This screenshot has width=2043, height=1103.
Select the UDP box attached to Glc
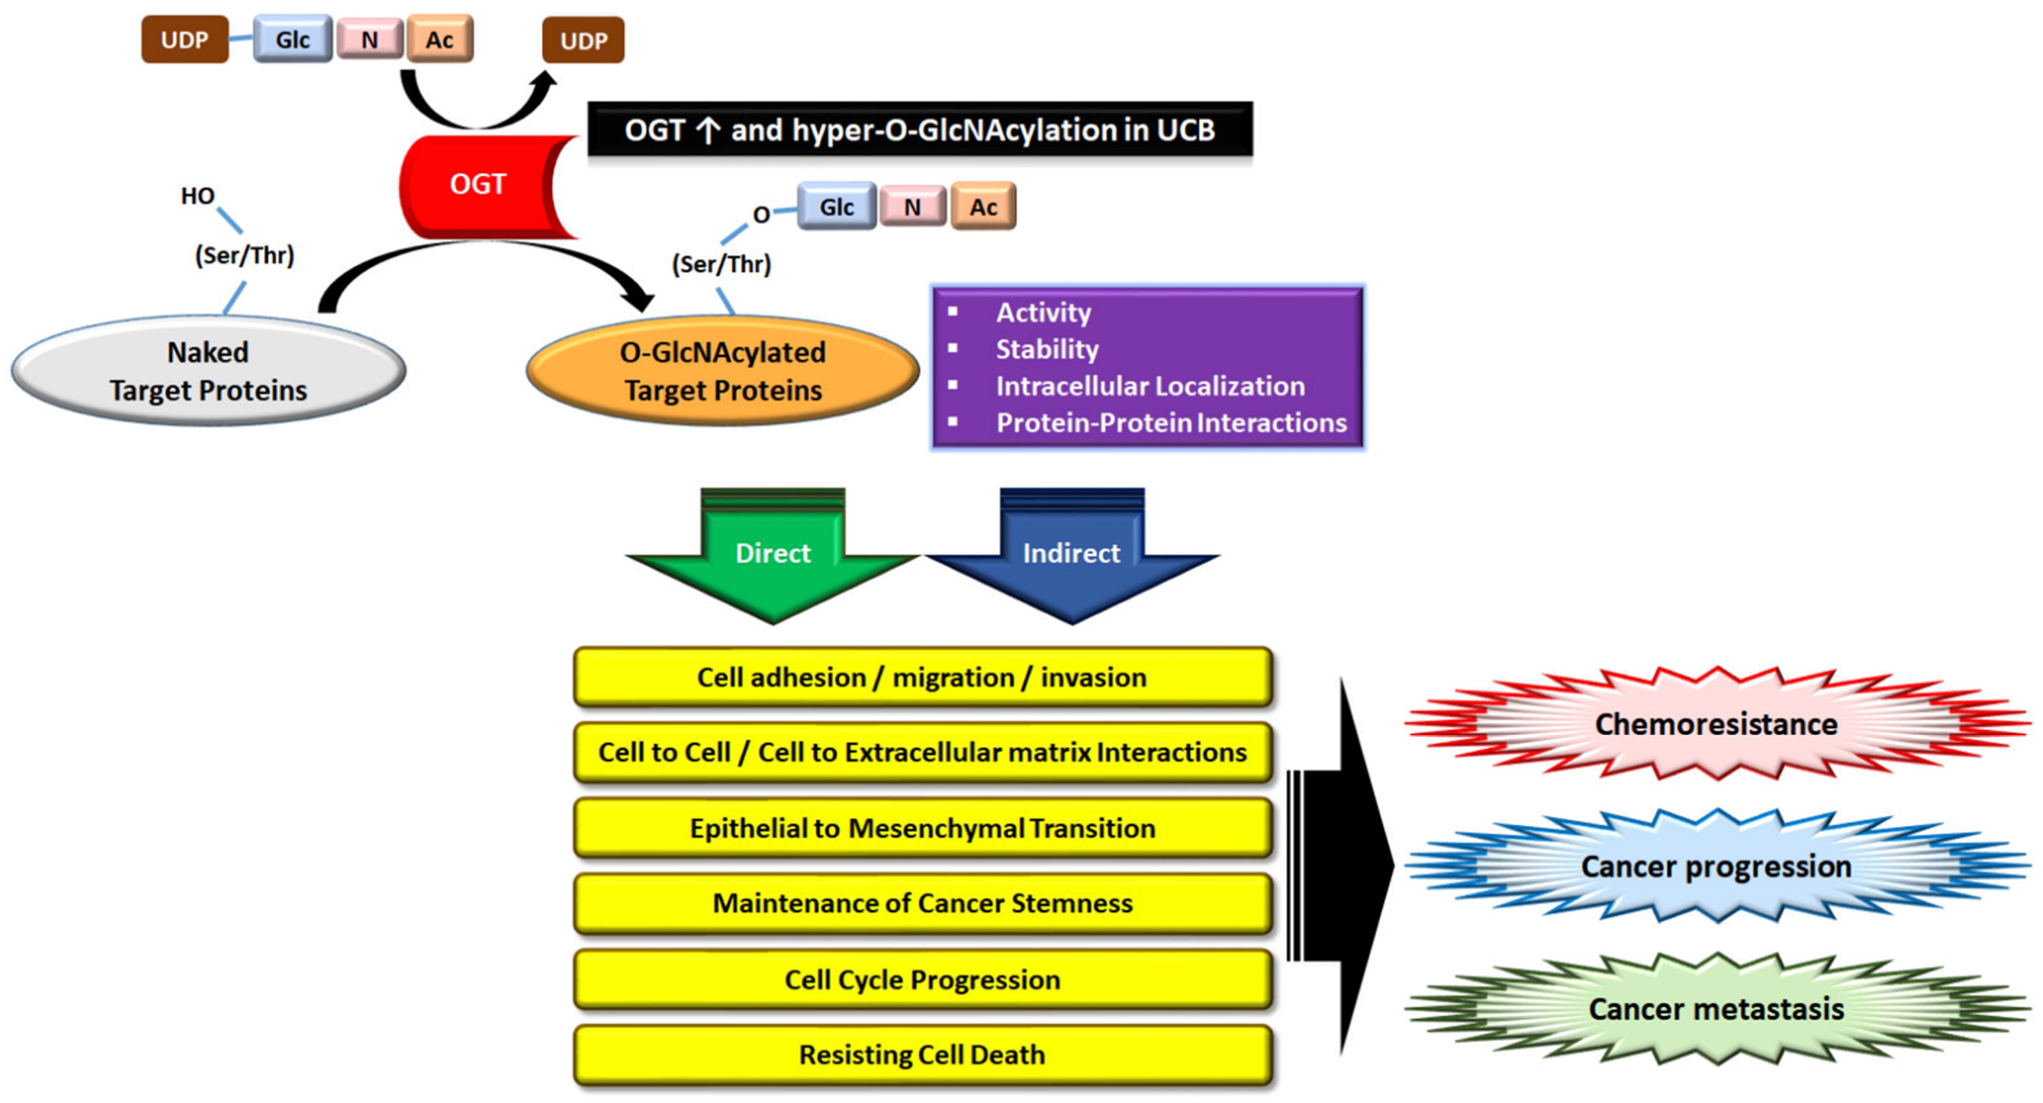point(185,40)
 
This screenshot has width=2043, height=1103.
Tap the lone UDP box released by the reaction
point(583,40)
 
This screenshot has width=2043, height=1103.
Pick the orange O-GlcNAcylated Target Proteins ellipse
point(722,371)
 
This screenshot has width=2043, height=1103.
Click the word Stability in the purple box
point(1047,349)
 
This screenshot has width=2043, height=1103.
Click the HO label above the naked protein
point(198,196)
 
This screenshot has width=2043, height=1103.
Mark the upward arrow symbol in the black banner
point(707,130)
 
